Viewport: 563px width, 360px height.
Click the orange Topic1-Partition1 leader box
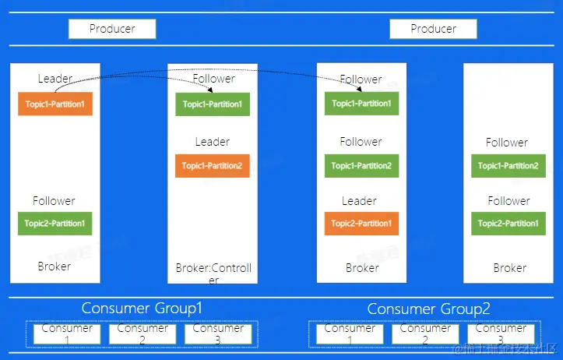[x=55, y=104]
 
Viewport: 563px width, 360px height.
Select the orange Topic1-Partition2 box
[x=212, y=165]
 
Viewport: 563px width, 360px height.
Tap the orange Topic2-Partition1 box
[x=361, y=224]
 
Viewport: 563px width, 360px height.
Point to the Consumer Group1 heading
[x=142, y=308]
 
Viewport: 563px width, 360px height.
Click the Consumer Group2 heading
[x=428, y=309]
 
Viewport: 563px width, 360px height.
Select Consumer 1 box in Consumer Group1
[x=67, y=334]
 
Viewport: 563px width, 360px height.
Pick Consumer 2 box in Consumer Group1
[x=143, y=334]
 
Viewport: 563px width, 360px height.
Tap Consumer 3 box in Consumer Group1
[x=218, y=334]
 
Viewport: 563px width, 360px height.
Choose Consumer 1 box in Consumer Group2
[x=350, y=334]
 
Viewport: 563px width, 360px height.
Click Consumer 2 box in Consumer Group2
[x=425, y=334]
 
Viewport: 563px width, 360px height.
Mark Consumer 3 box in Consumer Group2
[x=501, y=334]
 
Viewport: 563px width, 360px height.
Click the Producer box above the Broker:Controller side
[x=112, y=29]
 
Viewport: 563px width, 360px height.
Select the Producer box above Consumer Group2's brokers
[x=433, y=29]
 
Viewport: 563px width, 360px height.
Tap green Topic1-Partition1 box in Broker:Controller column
[x=213, y=104]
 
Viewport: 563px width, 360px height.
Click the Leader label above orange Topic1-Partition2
[x=213, y=142]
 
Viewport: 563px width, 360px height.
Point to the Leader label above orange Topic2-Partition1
[x=359, y=201]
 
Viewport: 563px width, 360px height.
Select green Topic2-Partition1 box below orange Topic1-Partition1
[x=55, y=224]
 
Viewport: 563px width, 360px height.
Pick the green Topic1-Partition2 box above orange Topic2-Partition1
[x=361, y=165]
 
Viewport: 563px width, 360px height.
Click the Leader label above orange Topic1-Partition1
[x=55, y=79]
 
